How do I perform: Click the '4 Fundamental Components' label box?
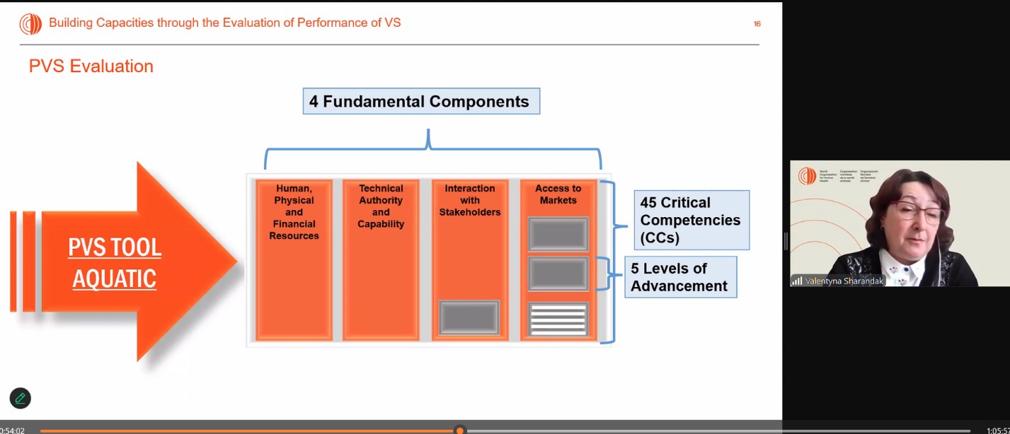click(x=421, y=101)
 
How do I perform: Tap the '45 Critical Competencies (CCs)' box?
click(x=689, y=220)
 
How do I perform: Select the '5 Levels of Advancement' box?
click(x=679, y=277)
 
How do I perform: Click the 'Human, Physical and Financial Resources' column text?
click(x=294, y=212)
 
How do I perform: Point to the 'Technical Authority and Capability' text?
click(x=381, y=206)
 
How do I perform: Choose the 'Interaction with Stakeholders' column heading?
click(x=470, y=200)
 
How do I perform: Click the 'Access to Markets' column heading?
click(x=558, y=194)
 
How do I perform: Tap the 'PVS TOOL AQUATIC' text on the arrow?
click(x=115, y=263)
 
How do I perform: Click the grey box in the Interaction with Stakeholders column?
click(x=469, y=317)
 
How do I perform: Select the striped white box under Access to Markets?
click(x=558, y=319)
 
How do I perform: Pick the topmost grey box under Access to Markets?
click(x=558, y=234)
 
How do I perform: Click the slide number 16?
click(x=757, y=24)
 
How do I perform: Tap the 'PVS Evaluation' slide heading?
click(x=91, y=66)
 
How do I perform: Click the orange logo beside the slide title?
click(x=30, y=24)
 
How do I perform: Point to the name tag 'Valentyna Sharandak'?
click(x=839, y=281)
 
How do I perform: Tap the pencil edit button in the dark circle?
click(x=21, y=398)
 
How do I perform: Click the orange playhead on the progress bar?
click(x=460, y=430)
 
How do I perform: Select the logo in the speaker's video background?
click(x=807, y=176)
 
